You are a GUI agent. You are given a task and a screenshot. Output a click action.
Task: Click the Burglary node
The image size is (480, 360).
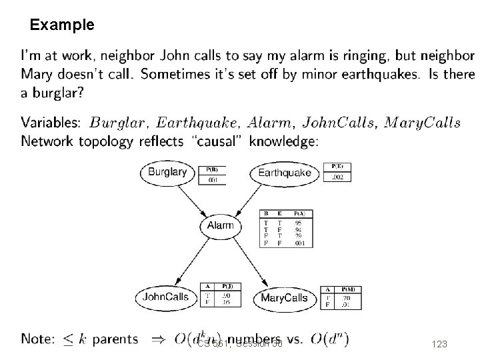tap(167, 172)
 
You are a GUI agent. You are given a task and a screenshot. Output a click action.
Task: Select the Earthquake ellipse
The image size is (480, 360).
tap(285, 173)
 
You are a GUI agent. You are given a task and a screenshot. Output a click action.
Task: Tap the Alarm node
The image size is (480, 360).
tap(221, 225)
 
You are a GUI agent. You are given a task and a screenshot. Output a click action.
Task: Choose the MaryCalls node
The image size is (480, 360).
tap(285, 298)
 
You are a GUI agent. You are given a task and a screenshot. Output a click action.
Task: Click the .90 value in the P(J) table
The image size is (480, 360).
tap(227, 295)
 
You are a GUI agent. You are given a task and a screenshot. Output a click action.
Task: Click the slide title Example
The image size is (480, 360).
tap(62, 25)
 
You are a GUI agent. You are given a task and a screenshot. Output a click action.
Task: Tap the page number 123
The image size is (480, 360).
tap(439, 343)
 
